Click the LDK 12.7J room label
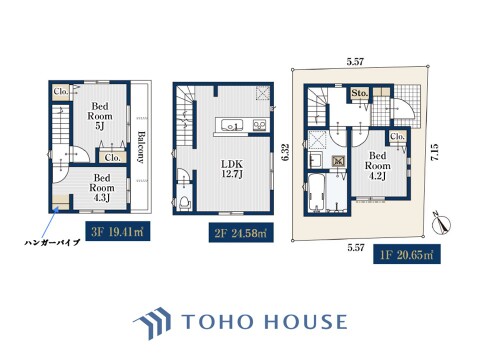pos(232,169)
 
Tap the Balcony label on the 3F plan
pos(141,147)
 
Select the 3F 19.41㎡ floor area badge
pos(118,231)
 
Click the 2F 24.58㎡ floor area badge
pos(241,232)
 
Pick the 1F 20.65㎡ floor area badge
pos(407,254)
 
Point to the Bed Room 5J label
pos(100,116)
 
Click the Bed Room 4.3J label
pos(102,188)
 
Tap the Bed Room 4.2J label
pos(378,166)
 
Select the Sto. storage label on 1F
pos(359,93)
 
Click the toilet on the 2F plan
pos(184,203)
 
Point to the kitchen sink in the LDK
pos(232,125)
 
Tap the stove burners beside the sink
pos(259,125)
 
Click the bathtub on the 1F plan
pos(315,193)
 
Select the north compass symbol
pos(441,224)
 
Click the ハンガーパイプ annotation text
pos(52,242)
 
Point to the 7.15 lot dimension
pos(434,153)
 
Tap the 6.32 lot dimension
pos(284,153)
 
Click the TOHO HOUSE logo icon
pos(153,323)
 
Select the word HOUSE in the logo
pos(306,322)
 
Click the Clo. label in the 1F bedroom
pos(397,136)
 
